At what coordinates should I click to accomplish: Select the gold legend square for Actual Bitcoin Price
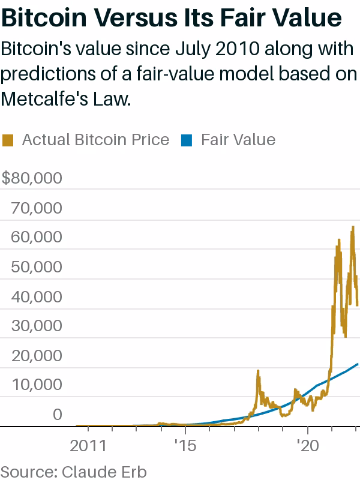point(8,140)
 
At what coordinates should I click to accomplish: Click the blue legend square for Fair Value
point(187,140)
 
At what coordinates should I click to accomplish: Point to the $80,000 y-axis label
point(32,178)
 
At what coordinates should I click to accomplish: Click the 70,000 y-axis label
point(37,208)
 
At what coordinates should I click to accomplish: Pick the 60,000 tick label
point(37,237)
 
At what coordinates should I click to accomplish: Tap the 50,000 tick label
point(37,267)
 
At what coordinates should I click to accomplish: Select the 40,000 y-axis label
point(37,296)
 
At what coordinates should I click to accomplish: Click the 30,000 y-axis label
point(37,326)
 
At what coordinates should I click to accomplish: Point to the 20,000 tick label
point(37,356)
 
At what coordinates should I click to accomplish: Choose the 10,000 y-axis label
point(37,385)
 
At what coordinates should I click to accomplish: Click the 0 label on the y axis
point(57,415)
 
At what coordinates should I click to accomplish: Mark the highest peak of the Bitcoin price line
point(353,226)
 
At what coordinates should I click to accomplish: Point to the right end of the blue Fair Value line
point(358,364)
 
